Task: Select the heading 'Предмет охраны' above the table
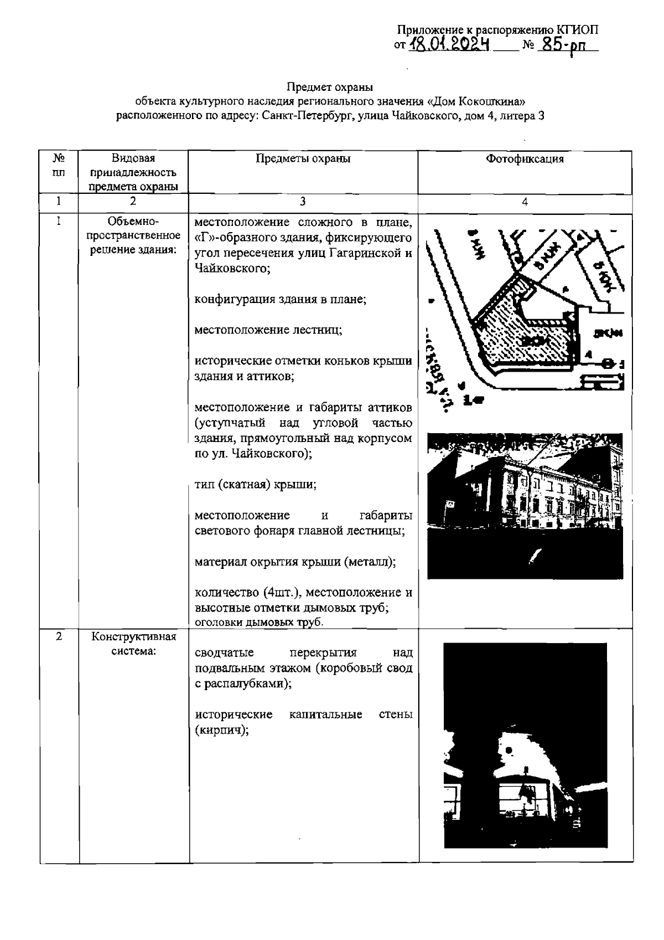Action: (x=330, y=87)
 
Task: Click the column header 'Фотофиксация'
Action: (x=525, y=159)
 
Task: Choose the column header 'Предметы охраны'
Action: (x=303, y=159)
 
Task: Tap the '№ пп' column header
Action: (x=59, y=165)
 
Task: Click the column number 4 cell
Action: (x=525, y=202)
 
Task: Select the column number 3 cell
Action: (x=303, y=202)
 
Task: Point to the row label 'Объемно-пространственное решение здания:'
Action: (x=133, y=236)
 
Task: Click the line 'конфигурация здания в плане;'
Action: (x=280, y=299)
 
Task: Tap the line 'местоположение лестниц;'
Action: (x=268, y=330)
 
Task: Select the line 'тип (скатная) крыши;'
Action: (x=256, y=484)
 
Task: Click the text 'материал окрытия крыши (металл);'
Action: (x=295, y=562)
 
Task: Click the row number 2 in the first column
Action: (x=59, y=636)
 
